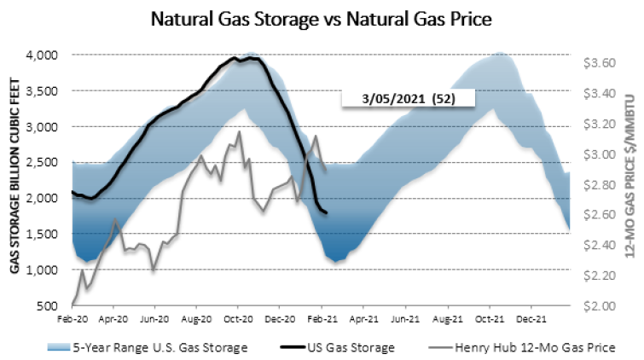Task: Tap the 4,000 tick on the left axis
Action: [x=41, y=55]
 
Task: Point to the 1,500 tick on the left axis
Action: [x=41, y=234]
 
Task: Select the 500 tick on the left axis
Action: [x=48, y=305]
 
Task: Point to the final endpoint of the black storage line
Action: [x=327, y=213]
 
